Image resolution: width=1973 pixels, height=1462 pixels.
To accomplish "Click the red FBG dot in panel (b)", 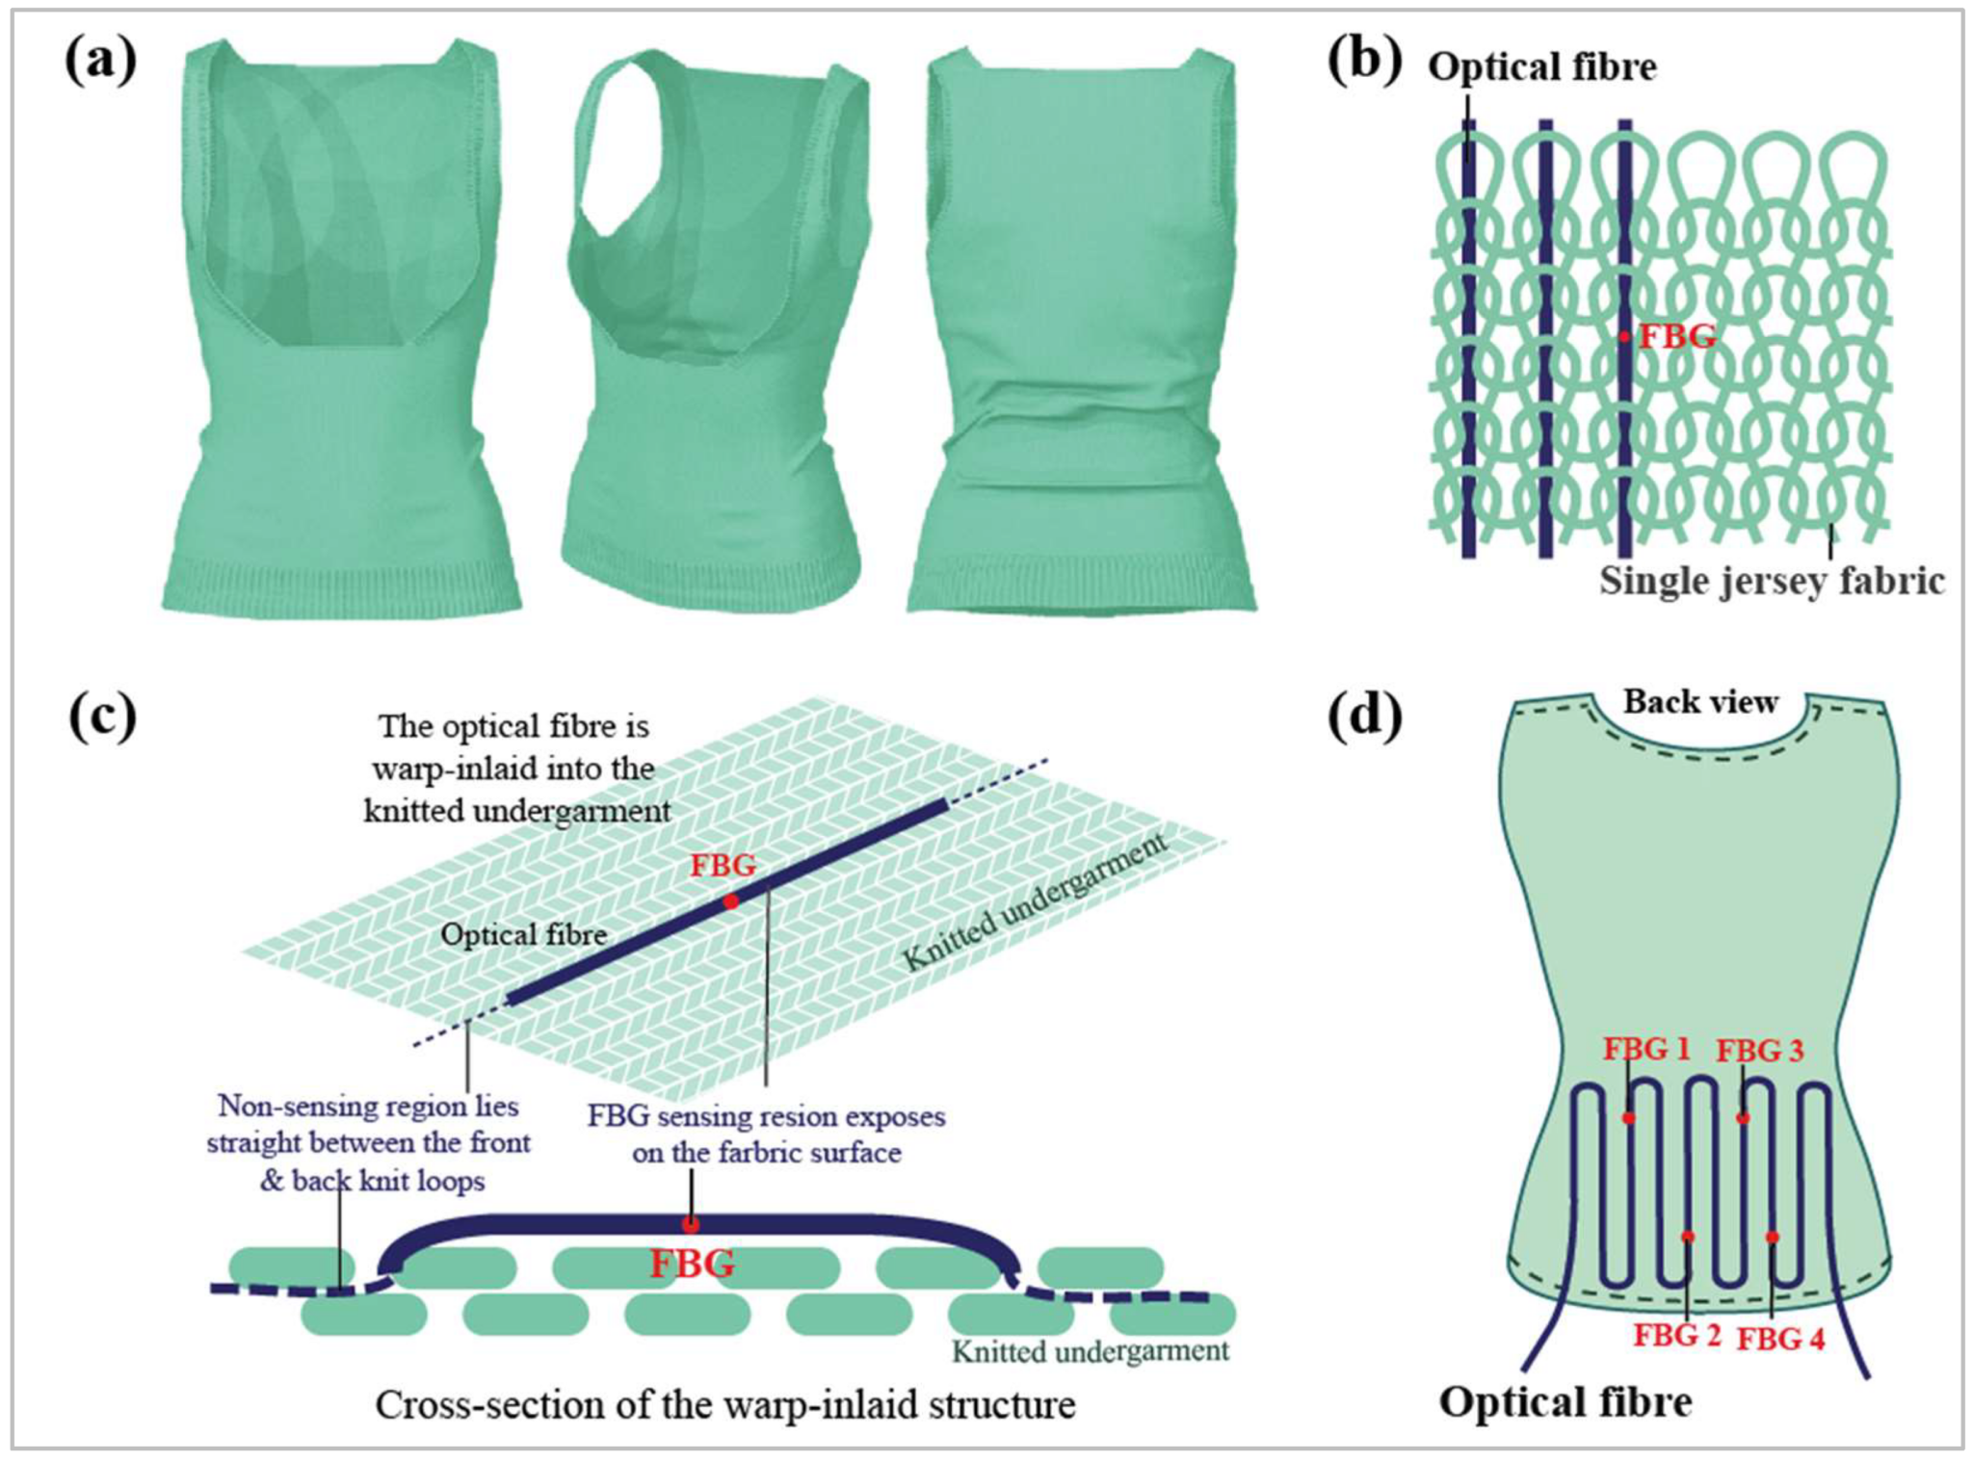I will (x=1624, y=337).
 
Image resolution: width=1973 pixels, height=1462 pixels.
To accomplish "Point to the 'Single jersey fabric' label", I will (x=1772, y=581).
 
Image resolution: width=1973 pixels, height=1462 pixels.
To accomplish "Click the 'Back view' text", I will (x=1700, y=701).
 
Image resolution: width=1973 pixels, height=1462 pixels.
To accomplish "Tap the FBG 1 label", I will (x=1645, y=1048).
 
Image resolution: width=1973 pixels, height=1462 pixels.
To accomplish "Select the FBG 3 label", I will (x=1759, y=1050).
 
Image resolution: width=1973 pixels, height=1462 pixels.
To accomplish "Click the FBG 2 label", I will (x=1676, y=1335).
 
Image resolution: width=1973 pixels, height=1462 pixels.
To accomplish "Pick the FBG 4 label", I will (x=1780, y=1338).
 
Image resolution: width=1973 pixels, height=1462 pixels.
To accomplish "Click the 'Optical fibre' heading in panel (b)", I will (x=1541, y=66).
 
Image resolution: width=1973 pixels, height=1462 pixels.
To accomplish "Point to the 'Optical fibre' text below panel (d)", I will (x=1565, y=1401).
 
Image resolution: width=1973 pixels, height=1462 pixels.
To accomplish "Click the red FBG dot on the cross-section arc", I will (x=691, y=1225).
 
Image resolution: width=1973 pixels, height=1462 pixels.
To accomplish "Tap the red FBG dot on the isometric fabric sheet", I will (x=731, y=901).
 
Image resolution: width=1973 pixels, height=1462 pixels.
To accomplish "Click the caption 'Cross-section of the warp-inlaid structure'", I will (x=724, y=1404).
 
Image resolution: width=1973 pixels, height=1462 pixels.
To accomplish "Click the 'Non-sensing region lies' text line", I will (x=368, y=1106).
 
